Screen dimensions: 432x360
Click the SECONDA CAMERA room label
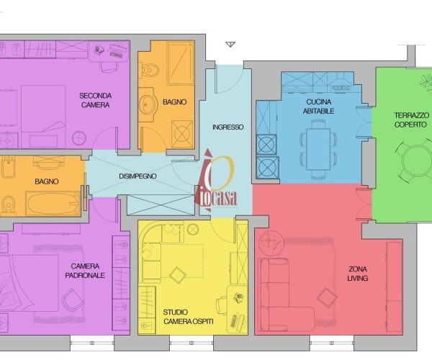[x=95, y=100]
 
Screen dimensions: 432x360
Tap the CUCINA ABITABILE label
[x=318, y=107]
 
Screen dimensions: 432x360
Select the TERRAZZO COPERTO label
[x=411, y=120]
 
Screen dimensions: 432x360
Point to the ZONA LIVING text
[x=358, y=274]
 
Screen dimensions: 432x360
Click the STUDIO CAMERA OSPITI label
[x=188, y=317]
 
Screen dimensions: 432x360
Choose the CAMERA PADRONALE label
[x=85, y=271]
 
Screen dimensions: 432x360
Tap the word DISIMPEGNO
[x=138, y=176]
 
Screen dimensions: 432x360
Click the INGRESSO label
[x=228, y=127]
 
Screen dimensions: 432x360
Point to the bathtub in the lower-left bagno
[x=53, y=204]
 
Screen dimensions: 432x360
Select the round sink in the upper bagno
[x=148, y=104]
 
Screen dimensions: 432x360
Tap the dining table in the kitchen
[x=318, y=149]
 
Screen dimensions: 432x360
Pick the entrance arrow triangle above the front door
[x=230, y=44]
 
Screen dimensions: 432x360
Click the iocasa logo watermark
[x=216, y=181]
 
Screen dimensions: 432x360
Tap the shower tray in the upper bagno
[x=181, y=63]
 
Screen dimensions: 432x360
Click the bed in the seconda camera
[x=43, y=117]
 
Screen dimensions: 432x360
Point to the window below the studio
[x=192, y=343]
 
